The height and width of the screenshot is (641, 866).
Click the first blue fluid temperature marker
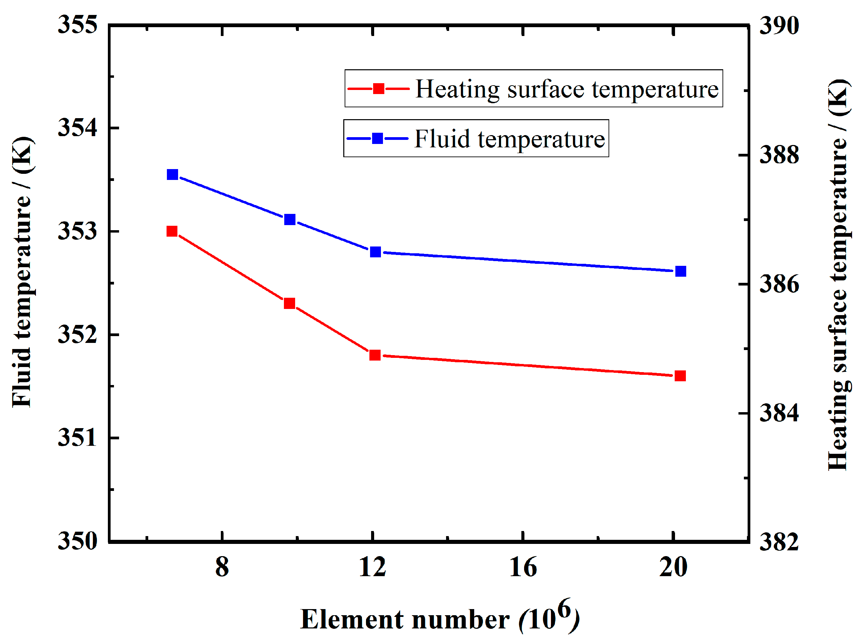[x=173, y=175]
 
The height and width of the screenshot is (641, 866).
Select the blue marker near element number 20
[x=681, y=271]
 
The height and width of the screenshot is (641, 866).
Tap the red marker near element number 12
[x=375, y=355]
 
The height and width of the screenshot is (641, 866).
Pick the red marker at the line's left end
[x=172, y=232]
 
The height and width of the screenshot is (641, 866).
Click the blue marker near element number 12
[x=375, y=252]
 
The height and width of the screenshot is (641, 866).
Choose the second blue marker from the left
[x=290, y=220]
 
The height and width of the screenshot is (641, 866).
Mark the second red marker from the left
[x=289, y=303]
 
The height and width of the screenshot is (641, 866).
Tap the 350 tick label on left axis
[x=78, y=541]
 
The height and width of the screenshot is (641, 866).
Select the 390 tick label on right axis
[x=779, y=25]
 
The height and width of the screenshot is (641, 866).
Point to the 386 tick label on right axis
[x=779, y=284]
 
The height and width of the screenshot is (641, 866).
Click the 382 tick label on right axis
[x=779, y=542]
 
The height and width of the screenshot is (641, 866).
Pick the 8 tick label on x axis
[x=222, y=567]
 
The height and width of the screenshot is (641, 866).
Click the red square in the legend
[x=378, y=89]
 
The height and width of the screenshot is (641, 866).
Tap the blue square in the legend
[x=377, y=139]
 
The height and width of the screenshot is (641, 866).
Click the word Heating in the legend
[x=457, y=90]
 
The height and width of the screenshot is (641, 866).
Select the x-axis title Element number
[x=405, y=620]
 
